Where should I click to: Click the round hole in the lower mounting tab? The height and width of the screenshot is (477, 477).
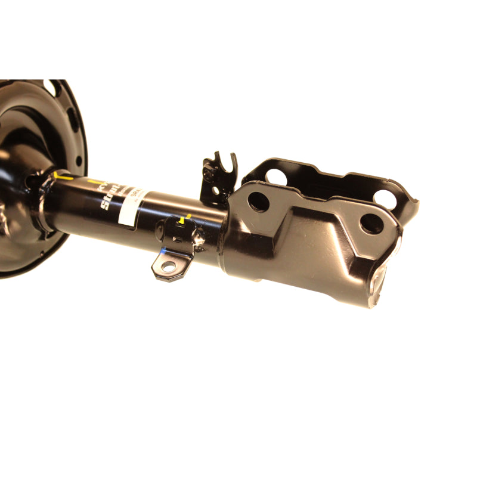tap(169, 266)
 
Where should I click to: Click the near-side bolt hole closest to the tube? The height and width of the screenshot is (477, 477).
tap(259, 201)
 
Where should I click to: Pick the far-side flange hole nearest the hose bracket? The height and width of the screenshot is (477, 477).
tap(275, 176)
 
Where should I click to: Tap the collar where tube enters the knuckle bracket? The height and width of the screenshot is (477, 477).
tap(227, 238)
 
